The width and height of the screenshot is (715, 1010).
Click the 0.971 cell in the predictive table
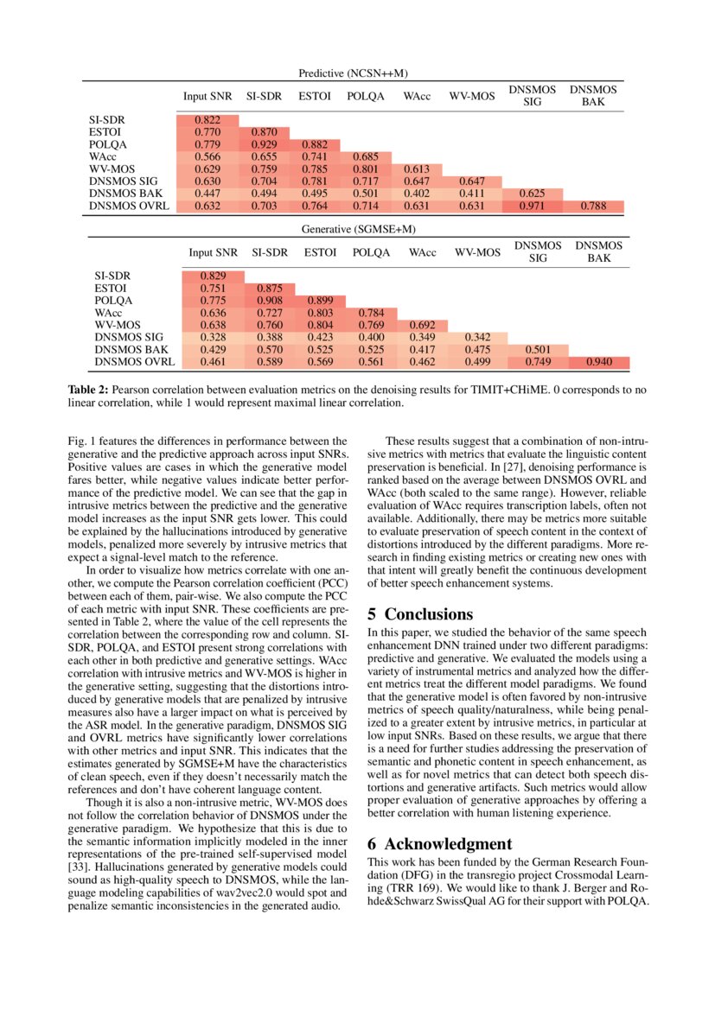tap(533, 206)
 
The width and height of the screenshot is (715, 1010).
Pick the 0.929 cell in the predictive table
tap(263, 143)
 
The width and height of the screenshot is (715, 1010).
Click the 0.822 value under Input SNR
tap(207, 119)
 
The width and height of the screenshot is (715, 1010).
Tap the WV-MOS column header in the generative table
tap(477, 252)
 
